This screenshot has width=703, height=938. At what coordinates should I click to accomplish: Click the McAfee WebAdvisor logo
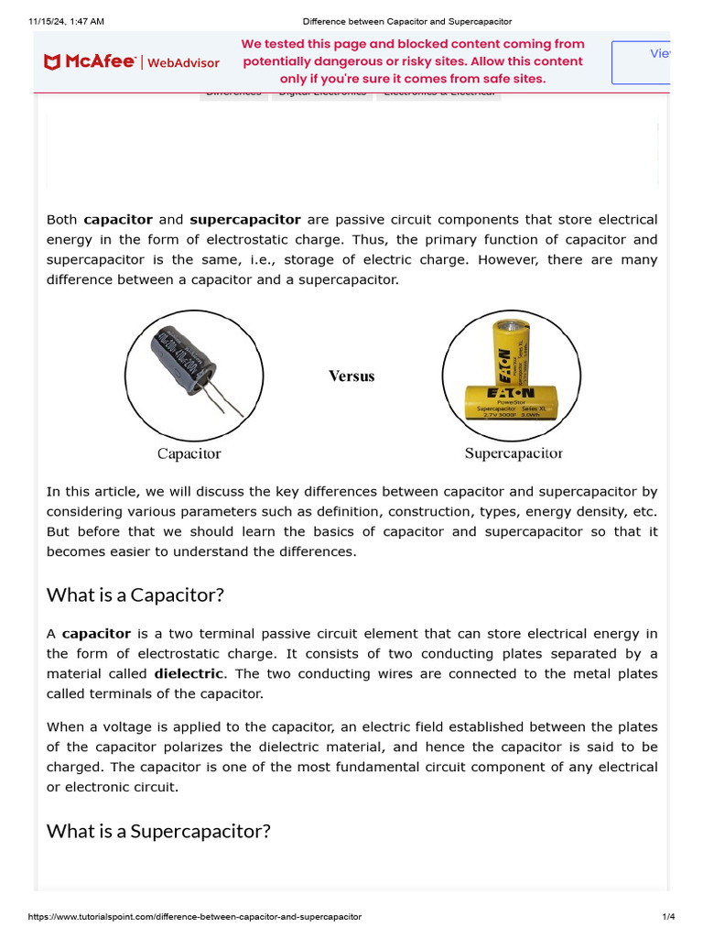131,62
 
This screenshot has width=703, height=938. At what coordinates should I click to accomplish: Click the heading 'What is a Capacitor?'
135,595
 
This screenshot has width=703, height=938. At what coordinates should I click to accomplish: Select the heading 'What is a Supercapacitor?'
158,832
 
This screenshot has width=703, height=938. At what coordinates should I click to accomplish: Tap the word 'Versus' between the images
351,376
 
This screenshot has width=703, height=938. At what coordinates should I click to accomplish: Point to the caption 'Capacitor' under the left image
189,453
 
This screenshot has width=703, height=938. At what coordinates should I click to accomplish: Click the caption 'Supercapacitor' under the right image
514,453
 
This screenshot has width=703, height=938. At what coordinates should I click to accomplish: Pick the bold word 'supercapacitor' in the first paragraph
244,220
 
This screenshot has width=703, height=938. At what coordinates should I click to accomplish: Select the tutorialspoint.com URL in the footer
195,917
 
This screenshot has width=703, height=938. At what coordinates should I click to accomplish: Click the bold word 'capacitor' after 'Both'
118,220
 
